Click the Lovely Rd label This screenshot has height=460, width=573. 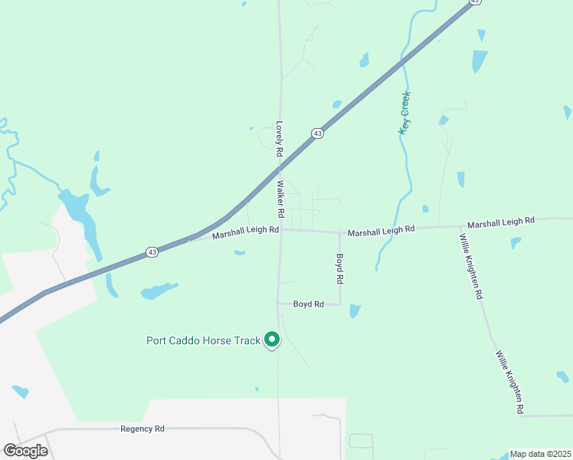click(x=280, y=139)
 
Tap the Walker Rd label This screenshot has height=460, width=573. click(x=281, y=198)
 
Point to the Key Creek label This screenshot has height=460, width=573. click(x=404, y=113)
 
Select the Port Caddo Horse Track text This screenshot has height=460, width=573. click(x=204, y=340)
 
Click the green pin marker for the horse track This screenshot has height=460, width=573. click(x=271, y=339)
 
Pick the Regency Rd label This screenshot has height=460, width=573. click(x=142, y=429)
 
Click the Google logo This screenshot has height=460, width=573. click(x=25, y=451)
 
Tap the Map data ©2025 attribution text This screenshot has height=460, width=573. click(x=540, y=454)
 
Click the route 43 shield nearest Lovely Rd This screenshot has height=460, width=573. click(x=317, y=133)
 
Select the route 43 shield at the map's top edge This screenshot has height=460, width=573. click(x=475, y=2)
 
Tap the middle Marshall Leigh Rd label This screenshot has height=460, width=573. click(x=381, y=229)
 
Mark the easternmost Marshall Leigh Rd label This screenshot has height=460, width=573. click(x=501, y=222)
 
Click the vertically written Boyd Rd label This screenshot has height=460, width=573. click(x=340, y=269)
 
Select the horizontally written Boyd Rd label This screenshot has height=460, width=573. click(x=309, y=304)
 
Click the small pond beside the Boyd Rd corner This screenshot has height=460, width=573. click(x=354, y=310)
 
